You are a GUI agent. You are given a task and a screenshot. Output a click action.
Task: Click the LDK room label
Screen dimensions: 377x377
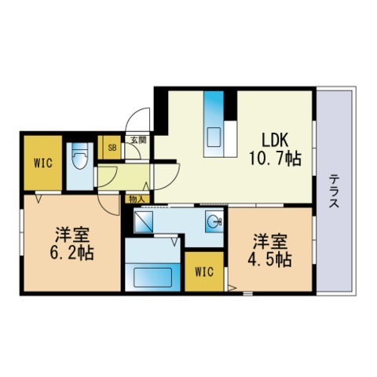(275, 140)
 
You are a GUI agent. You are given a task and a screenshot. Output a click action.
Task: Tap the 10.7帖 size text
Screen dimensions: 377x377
(275, 159)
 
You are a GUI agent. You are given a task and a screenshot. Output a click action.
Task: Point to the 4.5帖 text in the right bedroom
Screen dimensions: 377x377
(270, 260)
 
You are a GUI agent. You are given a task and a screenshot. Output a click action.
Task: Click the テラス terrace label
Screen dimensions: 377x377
(334, 191)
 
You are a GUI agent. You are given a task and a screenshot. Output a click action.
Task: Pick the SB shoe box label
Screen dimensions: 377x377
(112, 148)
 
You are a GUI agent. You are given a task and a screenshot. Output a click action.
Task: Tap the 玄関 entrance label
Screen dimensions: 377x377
(138, 141)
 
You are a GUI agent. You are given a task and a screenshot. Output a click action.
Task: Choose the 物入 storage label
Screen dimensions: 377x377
(137, 199)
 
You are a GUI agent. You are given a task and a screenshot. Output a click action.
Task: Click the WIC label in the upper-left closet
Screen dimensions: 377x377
(43, 163)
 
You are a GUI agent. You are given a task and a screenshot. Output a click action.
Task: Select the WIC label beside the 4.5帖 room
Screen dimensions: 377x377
(204, 272)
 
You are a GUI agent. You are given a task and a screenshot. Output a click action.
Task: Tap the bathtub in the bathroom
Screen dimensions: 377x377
(152, 277)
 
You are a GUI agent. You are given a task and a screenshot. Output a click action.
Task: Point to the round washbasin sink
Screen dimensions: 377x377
(213, 222)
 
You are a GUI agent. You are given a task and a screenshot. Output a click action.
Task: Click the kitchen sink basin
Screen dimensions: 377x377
(214, 137)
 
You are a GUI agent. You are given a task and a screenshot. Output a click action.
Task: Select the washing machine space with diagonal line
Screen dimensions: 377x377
(143, 222)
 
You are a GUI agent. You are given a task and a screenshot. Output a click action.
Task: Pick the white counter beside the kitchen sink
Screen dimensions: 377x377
(231, 139)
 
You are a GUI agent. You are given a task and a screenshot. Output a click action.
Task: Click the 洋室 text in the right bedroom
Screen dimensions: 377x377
(270, 241)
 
